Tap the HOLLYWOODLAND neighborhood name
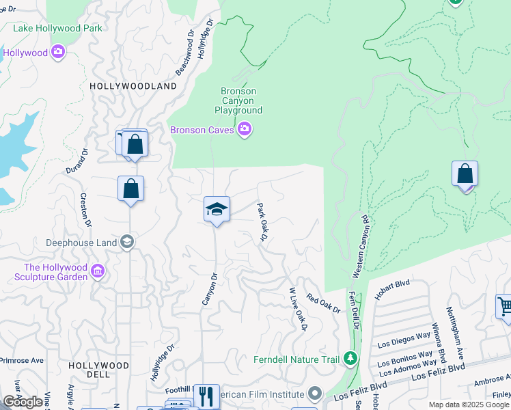133,86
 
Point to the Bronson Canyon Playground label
238,100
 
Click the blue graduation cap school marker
217,209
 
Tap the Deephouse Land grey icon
126,242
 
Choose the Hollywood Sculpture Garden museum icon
98,272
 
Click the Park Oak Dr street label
260,221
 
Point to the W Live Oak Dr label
299,310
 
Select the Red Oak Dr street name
323,303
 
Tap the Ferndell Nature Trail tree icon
350,358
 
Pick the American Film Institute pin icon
314,394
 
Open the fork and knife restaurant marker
206,396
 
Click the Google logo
23,402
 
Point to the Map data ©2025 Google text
468,405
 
